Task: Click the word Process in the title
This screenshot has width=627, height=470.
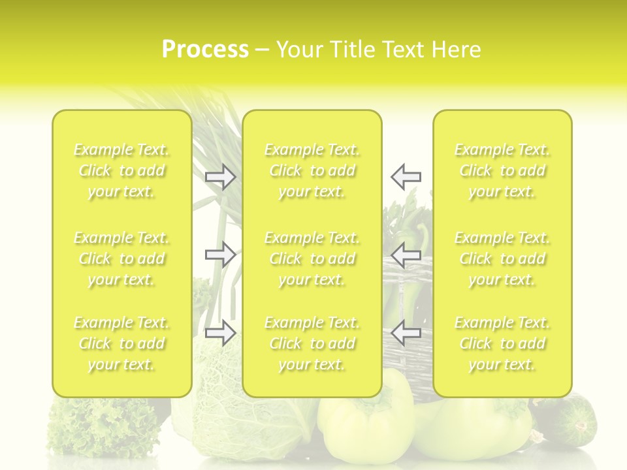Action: tap(205, 50)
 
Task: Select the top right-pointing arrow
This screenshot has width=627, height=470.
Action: tap(220, 176)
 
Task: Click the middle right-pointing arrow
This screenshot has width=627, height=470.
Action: tap(220, 255)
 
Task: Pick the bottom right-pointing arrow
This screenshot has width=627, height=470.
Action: tap(220, 333)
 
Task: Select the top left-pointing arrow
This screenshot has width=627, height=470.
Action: tap(406, 176)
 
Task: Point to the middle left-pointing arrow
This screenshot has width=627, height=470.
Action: tap(406, 255)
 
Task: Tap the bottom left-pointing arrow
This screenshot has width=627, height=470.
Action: tap(406, 333)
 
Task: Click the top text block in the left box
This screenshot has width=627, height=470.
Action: tap(121, 170)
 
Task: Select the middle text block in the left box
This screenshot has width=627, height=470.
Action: tap(121, 258)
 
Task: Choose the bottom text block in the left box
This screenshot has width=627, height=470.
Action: tap(121, 343)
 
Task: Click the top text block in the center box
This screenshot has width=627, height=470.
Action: tap(312, 170)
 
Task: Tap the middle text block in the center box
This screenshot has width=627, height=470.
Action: tap(312, 258)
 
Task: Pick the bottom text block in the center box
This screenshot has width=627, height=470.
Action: tap(312, 343)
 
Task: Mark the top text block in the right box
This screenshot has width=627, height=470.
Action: tap(502, 170)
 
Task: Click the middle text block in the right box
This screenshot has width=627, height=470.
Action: tap(502, 258)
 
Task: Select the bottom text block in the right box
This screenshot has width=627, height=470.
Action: tap(502, 343)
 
